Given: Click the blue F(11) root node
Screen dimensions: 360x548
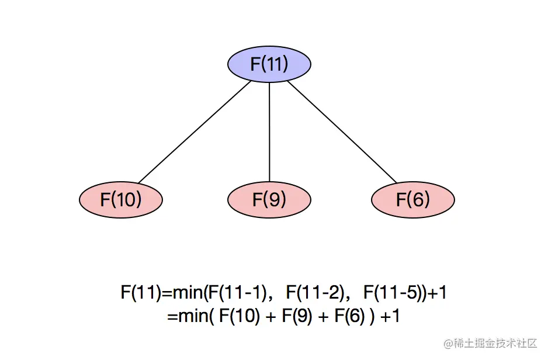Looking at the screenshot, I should click(x=269, y=64).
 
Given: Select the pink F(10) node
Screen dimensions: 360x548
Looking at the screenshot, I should click(x=121, y=200).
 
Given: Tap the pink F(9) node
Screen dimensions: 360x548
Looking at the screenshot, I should click(x=269, y=200).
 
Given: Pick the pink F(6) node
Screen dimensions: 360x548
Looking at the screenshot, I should click(x=413, y=200).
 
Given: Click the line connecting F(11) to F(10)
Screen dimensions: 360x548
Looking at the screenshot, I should click(x=195, y=132).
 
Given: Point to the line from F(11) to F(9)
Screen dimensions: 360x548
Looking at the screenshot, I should click(x=269, y=132).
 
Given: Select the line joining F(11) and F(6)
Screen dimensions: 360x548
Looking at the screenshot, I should click(x=342, y=132).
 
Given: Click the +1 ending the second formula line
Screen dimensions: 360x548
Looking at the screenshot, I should click(x=390, y=317).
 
